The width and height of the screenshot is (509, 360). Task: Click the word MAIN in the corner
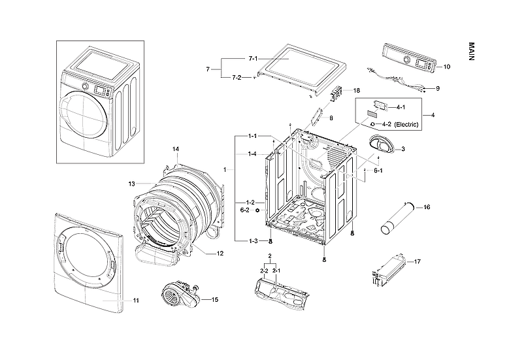click(472, 52)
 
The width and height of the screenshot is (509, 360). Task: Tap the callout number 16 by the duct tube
click(427, 207)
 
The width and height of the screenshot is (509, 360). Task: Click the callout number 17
click(418, 261)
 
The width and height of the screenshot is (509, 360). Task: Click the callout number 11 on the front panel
click(135, 301)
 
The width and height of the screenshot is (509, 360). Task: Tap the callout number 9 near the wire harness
click(437, 88)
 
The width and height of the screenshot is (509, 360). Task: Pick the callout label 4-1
click(401, 106)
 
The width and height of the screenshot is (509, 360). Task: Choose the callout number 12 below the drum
click(220, 254)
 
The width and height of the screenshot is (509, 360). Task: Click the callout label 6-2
click(244, 210)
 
